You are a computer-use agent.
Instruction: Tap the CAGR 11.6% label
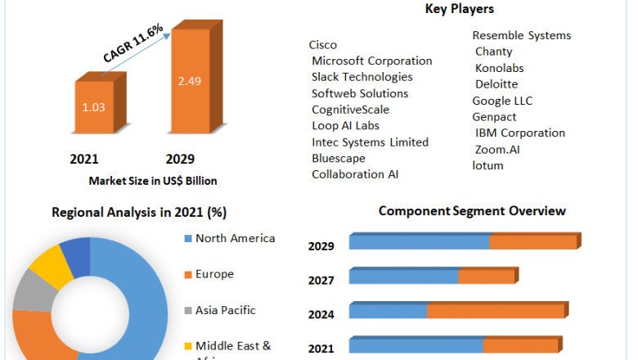pos(133,43)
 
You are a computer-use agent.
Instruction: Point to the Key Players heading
pos(460,9)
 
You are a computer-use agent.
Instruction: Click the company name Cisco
pos(323,45)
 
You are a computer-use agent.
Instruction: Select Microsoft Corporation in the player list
pos(372,61)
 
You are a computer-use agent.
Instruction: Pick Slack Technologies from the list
pos(362,77)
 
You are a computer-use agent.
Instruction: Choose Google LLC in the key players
pos(502,101)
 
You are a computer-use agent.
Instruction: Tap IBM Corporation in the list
pos(520,133)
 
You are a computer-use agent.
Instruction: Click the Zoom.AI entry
pos(497,149)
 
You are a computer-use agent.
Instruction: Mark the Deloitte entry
pos(496,84)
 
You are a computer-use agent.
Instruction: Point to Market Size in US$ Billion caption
pos(153,181)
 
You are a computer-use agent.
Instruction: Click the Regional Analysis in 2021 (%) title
pos(139,213)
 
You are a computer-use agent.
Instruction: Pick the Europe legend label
pos(214,274)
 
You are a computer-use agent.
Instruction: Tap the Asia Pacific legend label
pos(225,310)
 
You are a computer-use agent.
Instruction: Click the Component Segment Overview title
pos(472,211)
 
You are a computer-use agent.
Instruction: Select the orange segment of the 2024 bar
pos(496,312)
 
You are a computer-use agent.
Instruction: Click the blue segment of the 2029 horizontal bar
pos(419,242)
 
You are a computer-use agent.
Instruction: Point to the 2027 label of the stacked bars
pos(321,281)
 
